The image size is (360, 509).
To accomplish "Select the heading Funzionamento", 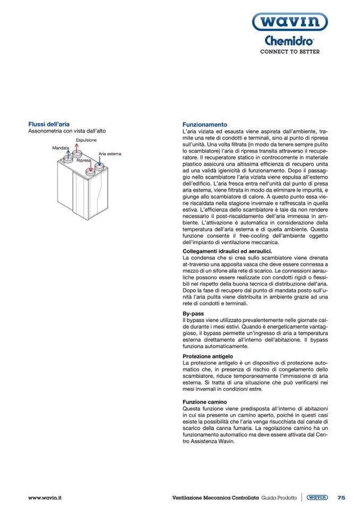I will (x=204, y=124).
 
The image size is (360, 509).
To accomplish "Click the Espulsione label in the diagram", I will (x=85, y=140).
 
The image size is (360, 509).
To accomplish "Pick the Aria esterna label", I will (x=110, y=154).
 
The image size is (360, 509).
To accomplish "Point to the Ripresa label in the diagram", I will (x=84, y=160).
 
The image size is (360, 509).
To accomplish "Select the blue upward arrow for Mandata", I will (x=68, y=154).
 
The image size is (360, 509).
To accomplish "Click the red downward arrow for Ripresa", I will (x=91, y=166).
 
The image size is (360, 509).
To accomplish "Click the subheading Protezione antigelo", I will (x=208, y=356).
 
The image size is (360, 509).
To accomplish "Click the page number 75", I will (x=341, y=497).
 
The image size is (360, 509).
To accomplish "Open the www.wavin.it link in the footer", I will (x=45, y=497).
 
